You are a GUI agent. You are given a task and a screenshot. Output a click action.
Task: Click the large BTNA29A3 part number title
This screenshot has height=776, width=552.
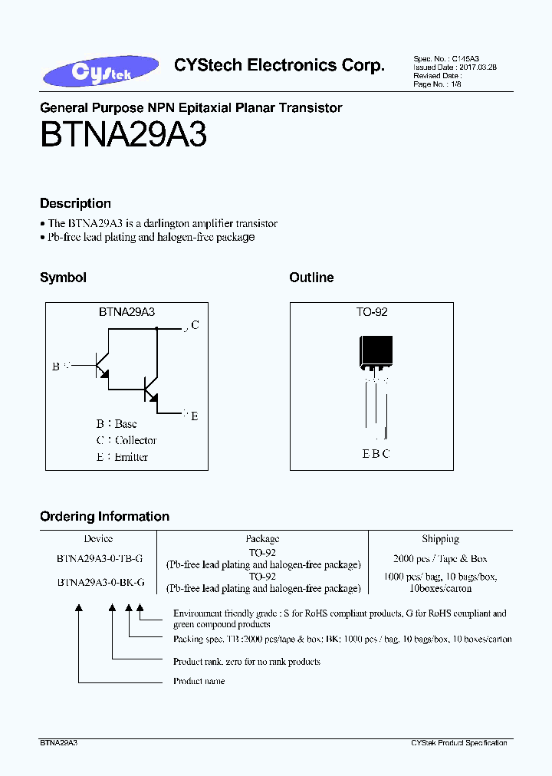[x=123, y=136]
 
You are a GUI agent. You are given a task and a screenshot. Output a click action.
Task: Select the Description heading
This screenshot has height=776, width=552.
[x=75, y=203]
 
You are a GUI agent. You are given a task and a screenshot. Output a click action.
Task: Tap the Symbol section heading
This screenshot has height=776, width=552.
[x=63, y=278]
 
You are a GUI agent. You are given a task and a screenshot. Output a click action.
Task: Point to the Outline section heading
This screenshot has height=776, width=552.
[x=311, y=278]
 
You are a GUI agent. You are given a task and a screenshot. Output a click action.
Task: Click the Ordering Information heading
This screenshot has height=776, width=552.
[x=104, y=516]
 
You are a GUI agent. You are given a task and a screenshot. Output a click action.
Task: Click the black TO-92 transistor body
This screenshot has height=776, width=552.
[x=376, y=352]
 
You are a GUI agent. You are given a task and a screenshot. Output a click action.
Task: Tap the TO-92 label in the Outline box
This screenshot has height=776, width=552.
[x=372, y=313]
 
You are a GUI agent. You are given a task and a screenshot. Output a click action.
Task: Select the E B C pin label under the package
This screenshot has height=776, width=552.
[x=376, y=453]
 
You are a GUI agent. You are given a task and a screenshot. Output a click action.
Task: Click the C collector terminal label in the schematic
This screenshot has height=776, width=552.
[x=195, y=325]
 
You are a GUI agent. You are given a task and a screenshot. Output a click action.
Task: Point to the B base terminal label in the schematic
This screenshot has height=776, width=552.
[x=56, y=367]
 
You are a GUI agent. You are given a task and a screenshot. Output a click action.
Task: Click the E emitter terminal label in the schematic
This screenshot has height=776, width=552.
[x=195, y=416]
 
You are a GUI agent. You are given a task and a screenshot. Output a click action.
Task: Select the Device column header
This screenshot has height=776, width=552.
[x=98, y=539]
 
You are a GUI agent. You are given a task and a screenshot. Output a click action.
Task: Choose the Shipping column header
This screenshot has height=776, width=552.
[x=440, y=539]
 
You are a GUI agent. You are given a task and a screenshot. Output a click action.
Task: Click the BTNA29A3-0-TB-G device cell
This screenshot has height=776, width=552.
[x=99, y=559]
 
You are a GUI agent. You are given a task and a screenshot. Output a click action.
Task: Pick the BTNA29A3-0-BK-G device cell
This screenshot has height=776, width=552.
[x=99, y=583]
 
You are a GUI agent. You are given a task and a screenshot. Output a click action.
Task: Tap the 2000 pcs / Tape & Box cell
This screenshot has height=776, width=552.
[x=440, y=559]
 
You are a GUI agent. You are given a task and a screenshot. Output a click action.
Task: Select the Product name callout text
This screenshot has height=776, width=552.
[x=199, y=681]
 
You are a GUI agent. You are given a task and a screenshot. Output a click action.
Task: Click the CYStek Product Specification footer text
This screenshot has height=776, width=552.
[x=458, y=743]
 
